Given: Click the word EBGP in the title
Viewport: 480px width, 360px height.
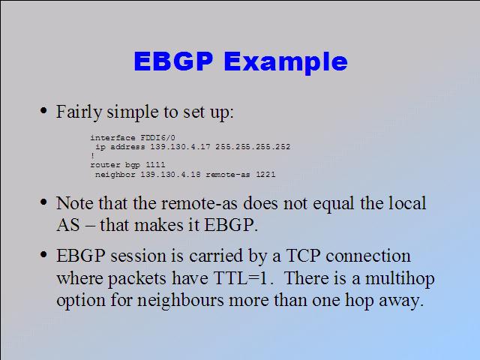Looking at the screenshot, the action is tap(173, 61).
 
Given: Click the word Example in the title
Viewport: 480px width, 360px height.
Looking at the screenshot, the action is tap(286, 63).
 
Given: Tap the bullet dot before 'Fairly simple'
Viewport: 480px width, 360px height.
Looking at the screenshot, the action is tap(43, 110).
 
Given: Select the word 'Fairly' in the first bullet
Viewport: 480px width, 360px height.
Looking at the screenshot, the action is tap(79, 112).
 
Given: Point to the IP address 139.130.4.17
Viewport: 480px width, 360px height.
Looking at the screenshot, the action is tap(180, 147).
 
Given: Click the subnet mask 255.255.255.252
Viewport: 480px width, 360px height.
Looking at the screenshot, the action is tap(253, 147).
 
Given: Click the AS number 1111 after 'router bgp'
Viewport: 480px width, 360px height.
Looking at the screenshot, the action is tap(155, 165).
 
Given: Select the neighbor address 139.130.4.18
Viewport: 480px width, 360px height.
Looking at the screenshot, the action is tap(170, 175).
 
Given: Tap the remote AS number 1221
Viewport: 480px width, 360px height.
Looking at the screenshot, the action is tap(265, 175).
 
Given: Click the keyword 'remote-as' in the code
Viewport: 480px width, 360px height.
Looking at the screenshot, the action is tap(228, 175).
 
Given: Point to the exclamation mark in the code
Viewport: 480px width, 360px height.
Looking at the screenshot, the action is tap(92, 156).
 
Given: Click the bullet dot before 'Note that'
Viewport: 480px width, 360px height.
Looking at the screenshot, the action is tap(43, 202).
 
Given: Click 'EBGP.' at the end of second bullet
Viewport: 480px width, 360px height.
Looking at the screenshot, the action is tap(231, 225).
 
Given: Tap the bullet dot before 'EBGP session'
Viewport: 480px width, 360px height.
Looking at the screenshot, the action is tap(43, 254).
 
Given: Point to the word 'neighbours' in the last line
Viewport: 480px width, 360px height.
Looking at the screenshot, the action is tap(180, 301).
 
